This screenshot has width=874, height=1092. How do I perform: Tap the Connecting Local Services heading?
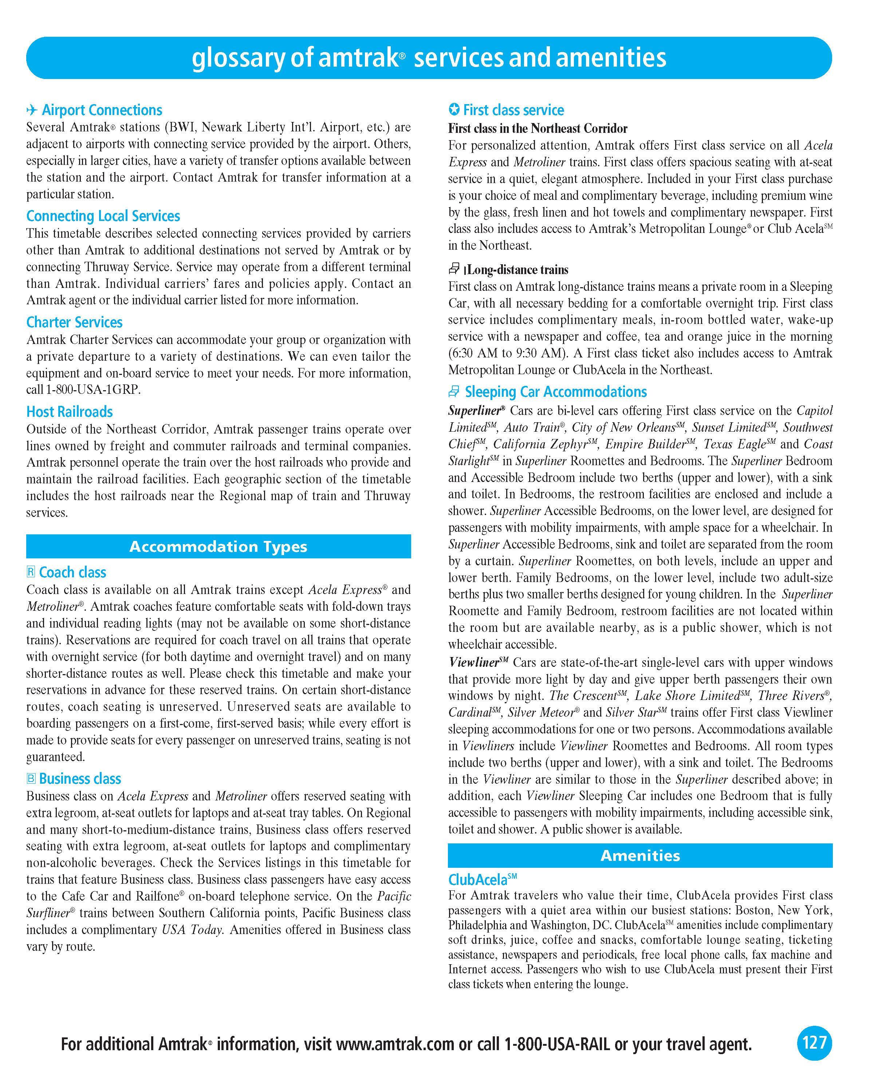click(103, 216)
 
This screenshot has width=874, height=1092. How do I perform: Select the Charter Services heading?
click(75, 322)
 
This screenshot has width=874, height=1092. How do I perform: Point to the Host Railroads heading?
click(70, 411)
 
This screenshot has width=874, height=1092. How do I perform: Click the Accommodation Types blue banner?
click(219, 546)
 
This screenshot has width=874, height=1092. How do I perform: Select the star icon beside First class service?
click(454, 110)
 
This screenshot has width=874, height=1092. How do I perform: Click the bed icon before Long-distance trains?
click(454, 269)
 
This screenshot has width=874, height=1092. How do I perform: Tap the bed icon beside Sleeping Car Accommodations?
click(454, 392)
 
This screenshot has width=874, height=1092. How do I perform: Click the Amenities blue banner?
click(640, 855)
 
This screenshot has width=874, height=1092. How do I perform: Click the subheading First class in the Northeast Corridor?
click(538, 128)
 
